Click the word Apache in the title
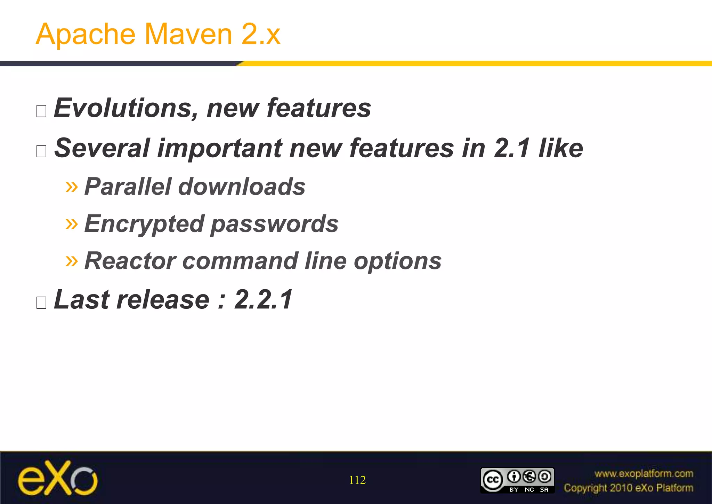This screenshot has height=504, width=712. pyautogui.click(x=86, y=34)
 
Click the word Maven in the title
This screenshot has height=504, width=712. pyautogui.click(x=188, y=34)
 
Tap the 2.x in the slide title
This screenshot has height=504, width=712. pyautogui.click(x=261, y=34)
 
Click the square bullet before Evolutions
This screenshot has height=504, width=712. pyautogui.click(x=41, y=111)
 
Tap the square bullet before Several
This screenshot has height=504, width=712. pyautogui.click(x=41, y=151)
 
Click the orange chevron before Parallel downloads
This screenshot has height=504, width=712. pyautogui.click(x=72, y=187)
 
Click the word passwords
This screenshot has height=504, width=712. pyautogui.click(x=275, y=224)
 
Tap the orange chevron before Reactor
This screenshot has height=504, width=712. pyautogui.click(x=72, y=261)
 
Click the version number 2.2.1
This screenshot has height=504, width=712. pyautogui.click(x=264, y=299)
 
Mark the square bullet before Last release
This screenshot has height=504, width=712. pyautogui.click(x=41, y=303)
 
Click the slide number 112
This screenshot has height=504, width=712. pyautogui.click(x=357, y=480)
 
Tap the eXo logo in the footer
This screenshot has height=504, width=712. pyautogui.click(x=58, y=478)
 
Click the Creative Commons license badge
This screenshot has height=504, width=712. pyautogui.click(x=517, y=480)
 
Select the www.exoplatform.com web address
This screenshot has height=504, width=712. pyautogui.click(x=644, y=473)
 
